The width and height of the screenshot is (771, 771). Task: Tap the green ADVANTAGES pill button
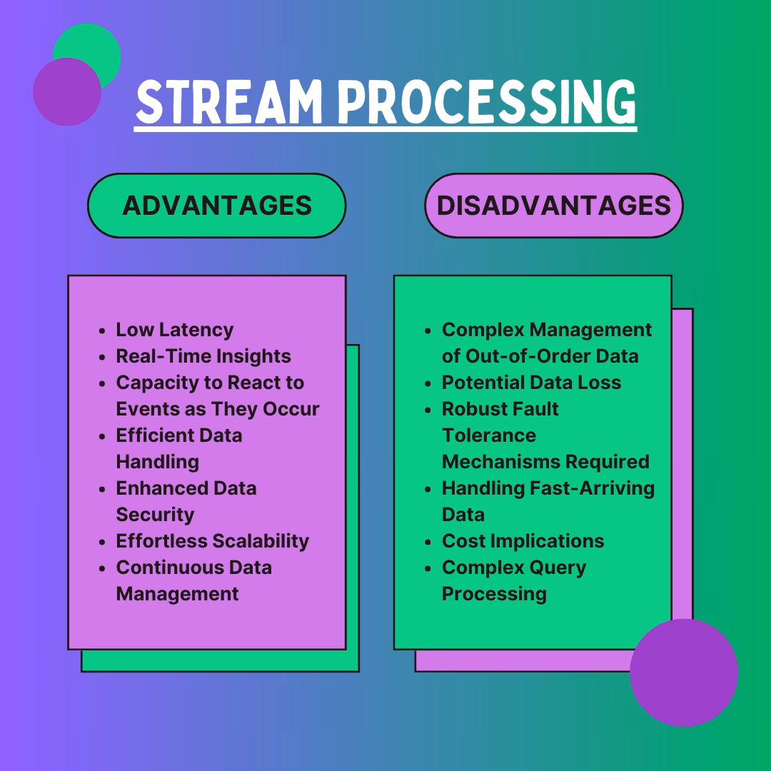tap(217, 206)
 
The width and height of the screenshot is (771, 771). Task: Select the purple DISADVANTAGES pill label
tap(553, 206)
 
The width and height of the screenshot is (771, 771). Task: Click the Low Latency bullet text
tap(174, 330)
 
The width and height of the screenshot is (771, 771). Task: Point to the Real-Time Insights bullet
tap(203, 356)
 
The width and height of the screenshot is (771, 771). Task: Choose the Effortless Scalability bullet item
tap(212, 541)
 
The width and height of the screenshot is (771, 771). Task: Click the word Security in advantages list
tap(155, 515)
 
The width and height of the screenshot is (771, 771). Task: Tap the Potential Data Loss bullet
tap(531, 383)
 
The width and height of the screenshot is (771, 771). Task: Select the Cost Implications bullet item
tap(523, 541)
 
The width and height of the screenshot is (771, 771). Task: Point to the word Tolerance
tap(488, 435)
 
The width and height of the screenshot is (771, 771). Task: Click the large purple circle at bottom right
tap(683, 672)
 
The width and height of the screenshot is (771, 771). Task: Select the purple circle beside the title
tap(66, 92)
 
